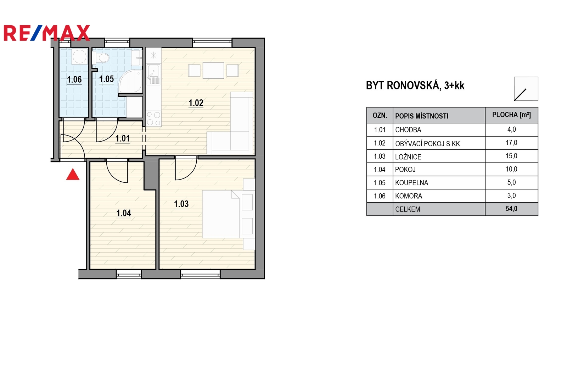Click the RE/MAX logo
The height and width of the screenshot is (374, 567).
click(x=47, y=33)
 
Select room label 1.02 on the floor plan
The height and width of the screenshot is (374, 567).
click(x=196, y=103)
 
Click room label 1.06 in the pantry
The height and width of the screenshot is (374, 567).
click(x=74, y=79)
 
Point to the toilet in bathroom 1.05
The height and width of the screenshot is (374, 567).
click(x=101, y=58)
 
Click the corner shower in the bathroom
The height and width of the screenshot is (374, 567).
click(x=131, y=82)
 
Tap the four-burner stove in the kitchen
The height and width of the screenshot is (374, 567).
click(x=153, y=119)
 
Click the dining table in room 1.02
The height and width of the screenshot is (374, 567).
click(x=213, y=70)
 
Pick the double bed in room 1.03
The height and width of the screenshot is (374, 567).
click(x=221, y=214)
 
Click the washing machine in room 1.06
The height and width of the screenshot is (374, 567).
click(x=79, y=56)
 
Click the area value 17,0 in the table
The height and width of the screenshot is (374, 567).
click(x=511, y=143)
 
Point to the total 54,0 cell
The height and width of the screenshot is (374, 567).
click(x=511, y=209)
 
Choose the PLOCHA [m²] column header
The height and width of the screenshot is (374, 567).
click(x=511, y=115)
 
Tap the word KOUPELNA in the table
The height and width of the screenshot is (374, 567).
click(x=411, y=183)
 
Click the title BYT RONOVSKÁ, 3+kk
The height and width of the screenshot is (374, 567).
click(x=415, y=86)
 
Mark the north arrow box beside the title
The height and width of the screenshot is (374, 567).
click(x=526, y=89)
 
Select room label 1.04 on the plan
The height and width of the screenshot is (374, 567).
click(x=124, y=213)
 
